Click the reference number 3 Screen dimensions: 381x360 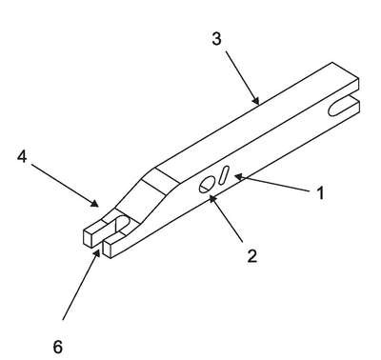216,39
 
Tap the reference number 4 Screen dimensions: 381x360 22,156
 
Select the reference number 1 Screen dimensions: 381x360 321,193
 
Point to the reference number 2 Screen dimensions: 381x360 251,256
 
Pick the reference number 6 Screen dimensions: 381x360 57,347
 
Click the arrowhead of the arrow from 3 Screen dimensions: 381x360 256,101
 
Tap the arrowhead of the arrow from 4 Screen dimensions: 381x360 94,203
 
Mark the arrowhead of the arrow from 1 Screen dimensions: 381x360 239,176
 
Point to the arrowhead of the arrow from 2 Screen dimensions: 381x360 212,199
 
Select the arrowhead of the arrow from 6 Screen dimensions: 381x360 97,252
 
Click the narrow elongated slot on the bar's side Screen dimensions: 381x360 224,175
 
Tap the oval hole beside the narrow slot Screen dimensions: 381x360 207,185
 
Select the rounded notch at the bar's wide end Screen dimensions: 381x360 340,108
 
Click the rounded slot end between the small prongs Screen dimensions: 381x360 122,223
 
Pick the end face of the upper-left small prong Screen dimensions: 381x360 90,238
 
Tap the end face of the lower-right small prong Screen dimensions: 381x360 108,249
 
